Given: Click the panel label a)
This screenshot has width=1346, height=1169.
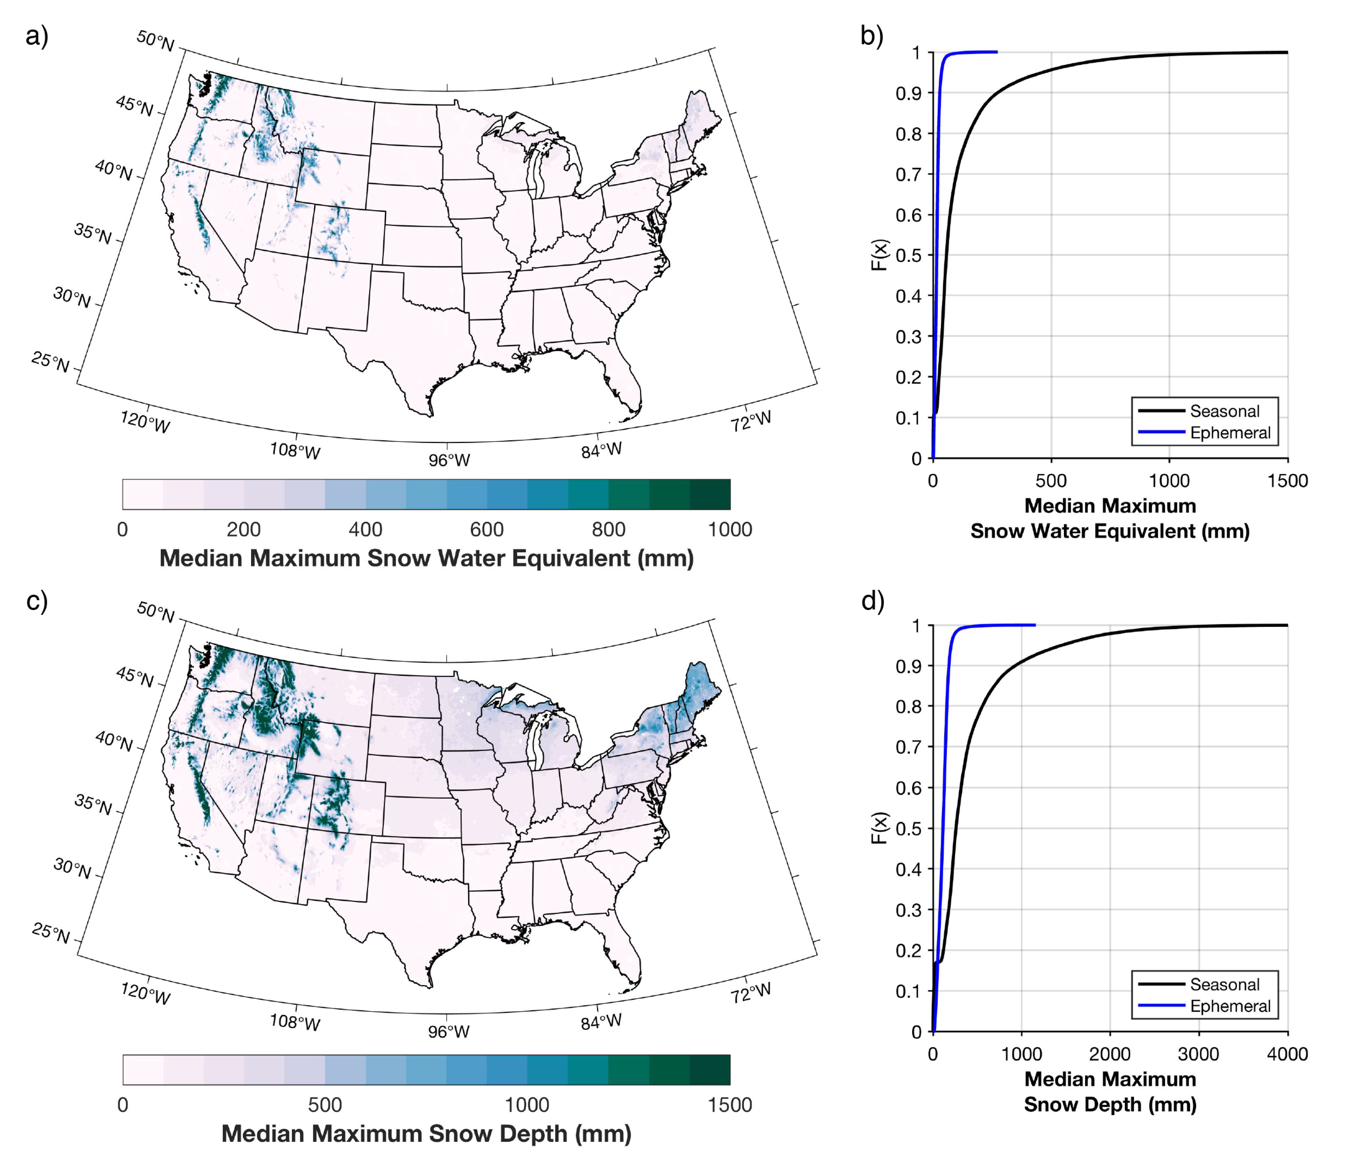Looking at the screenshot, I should (37, 36).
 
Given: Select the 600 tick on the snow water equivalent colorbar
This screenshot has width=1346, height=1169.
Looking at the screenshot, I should (487, 529).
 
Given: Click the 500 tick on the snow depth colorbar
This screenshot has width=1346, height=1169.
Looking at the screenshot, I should (325, 1105).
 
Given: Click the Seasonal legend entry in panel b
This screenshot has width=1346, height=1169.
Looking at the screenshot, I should (1224, 411).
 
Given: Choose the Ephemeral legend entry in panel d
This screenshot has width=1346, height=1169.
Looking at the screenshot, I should (1230, 1006).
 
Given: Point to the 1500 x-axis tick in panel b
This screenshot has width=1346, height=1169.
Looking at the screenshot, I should (1287, 481).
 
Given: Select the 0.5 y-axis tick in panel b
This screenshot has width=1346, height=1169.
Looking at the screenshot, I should (908, 256).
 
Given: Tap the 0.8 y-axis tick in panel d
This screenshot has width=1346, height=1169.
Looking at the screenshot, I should (908, 707).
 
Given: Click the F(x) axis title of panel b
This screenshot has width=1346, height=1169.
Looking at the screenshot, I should (880, 254).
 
